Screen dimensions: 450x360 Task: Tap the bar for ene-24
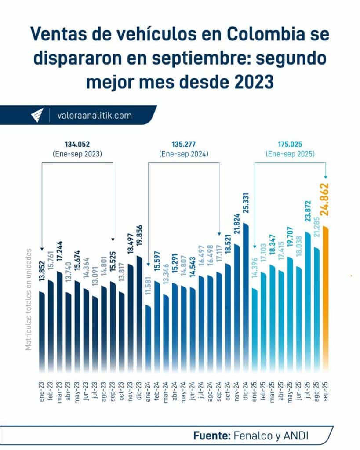[x=148, y=338]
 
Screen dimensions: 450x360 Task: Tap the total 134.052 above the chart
[x=77, y=144]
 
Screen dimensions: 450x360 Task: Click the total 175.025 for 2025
[x=291, y=144]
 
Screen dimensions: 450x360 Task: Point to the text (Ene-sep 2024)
[x=183, y=154]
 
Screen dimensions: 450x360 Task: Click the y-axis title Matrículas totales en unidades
[x=29, y=299]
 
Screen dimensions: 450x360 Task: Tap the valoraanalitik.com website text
[x=94, y=116]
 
